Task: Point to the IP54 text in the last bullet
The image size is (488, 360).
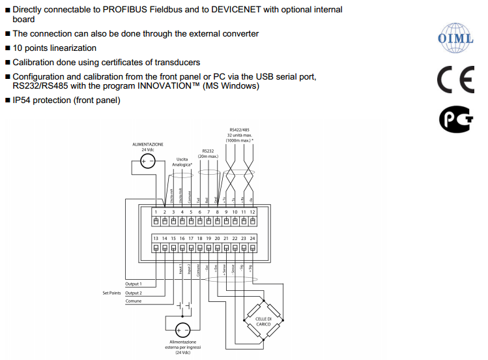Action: [24, 100]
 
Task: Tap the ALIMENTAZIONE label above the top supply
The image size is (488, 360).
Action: [148, 143]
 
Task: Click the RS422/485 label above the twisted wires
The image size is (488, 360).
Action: [240, 130]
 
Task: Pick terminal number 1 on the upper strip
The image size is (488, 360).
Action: [156, 212]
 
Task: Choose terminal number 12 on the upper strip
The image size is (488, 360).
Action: [252, 212]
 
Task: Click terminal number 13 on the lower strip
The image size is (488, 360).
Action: [156, 239]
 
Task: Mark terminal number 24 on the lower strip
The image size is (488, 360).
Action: [252, 239]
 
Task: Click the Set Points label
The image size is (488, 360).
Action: [112, 293]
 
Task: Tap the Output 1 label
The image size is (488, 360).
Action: [134, 284]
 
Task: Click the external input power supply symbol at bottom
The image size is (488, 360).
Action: [182, 330]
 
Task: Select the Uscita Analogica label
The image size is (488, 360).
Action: [182, 162]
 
